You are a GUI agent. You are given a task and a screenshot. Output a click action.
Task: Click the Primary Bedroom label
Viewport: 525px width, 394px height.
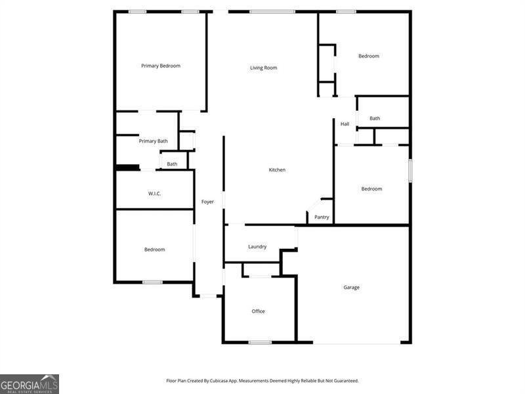tap(161, 66)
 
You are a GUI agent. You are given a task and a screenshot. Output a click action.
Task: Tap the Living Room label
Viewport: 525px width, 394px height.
tap(263, 68)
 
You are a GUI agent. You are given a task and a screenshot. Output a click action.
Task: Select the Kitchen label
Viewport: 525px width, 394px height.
tap(277, 170)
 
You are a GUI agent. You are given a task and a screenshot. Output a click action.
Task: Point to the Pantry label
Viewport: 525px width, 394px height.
tap(322, 217)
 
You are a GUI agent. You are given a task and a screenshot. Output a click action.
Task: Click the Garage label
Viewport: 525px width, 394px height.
tap(351, 288)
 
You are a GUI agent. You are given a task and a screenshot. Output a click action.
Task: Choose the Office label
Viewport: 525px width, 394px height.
tap(259, 311)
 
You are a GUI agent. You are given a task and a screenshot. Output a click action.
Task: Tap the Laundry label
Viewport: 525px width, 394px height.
tap(257, 247)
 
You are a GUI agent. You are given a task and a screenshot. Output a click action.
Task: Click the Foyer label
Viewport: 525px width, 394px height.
tap(207, 202)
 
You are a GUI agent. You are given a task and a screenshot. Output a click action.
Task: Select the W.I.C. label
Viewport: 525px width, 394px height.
tap(154, 194)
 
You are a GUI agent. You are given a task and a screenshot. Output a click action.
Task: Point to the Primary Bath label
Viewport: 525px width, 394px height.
tap(153, 141)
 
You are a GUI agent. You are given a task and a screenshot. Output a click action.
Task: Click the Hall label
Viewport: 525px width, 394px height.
tap(345, 124)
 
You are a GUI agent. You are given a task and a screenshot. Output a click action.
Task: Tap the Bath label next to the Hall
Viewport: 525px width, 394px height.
tap(375, 119)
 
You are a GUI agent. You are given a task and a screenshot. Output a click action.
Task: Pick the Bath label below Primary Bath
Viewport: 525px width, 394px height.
tap(172, 164)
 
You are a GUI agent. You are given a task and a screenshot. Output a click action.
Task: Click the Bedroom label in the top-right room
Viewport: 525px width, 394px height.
tap(369, 56)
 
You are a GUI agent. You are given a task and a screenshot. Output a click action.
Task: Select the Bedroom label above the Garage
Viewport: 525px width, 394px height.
tap(371, 189)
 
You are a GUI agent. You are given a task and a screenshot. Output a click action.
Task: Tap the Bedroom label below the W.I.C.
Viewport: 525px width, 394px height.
tap(155, 250)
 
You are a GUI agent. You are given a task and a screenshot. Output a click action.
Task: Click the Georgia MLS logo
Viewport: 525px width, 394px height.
tap(30, 383)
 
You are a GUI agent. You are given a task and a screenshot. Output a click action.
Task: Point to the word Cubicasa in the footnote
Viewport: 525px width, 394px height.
tap(227, 381)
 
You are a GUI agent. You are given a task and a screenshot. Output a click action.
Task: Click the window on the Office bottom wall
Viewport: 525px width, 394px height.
tap(260, 342)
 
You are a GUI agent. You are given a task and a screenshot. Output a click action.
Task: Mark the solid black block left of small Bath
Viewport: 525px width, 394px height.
tap(127, 167)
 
